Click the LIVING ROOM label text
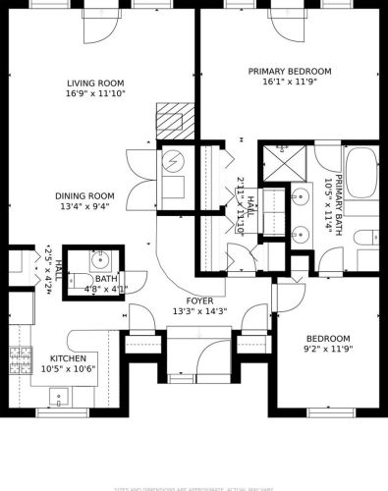(x=96, y=83)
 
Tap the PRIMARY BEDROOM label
(x=289, y=72)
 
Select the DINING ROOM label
(x=84, y=195)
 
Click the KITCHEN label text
(x=69, y=358)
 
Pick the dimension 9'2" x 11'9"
(x=325, y=349)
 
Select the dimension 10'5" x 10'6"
(x=69, y=370)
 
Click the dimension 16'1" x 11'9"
(x=289, y=83)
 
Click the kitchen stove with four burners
(x=19, y=358)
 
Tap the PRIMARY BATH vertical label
(x=339, y=200)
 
